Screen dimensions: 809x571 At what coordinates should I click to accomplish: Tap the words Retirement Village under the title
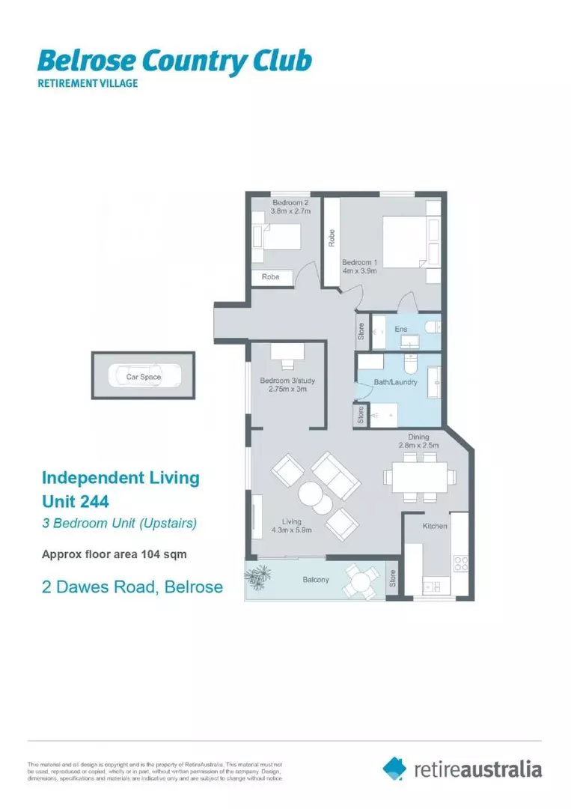88,83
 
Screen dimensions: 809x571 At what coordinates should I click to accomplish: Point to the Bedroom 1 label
358,263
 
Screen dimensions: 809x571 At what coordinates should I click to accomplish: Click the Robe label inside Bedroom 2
270,276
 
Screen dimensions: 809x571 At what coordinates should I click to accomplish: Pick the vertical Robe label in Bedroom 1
330,238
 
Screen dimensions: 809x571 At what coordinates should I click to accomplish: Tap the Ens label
400,329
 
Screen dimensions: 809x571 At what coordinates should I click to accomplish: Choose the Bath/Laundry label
394,382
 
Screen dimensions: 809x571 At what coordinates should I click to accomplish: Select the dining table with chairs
418,476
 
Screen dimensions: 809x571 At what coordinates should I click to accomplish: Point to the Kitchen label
435,526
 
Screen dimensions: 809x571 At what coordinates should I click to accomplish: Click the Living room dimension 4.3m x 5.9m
292,530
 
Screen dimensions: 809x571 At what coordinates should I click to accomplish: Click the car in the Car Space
143,377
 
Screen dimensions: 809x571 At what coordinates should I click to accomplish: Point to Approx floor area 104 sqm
113,555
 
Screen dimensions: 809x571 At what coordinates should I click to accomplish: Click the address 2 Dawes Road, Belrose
132,587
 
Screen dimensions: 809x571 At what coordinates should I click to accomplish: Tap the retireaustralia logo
462,769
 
